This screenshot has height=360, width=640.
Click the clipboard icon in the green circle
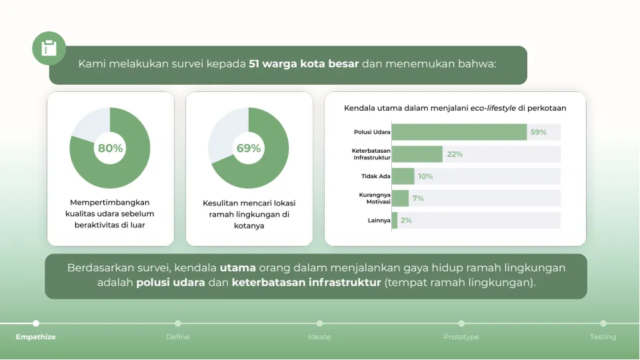tap(49, 49)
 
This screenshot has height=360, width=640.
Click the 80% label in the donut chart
tap(110, 148)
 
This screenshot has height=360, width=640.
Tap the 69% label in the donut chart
tap(249, 148)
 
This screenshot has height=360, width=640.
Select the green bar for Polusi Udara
tap(459, 132)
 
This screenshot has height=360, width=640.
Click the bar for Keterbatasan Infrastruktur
tap(417, 154)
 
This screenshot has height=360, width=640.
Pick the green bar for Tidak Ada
tap(403, 176)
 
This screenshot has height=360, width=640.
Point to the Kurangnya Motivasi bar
tap(400, 198)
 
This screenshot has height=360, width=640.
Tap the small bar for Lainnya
tap(395, 220)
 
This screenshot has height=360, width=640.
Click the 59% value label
tap(538, 132)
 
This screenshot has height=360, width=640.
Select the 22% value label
tap(455, 154)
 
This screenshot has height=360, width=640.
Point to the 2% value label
tap(406, 220)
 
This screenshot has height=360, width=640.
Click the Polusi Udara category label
tap(372, 132)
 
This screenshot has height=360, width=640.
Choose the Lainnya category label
tap(379, 220)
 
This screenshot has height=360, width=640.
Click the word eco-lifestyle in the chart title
tap(493, 107)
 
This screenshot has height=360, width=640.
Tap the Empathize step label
tap(36, 337)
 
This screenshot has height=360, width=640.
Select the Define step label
tap(177, 337)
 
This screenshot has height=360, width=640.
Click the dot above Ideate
tap(319, 323)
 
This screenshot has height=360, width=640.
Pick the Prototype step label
tap(461, 337)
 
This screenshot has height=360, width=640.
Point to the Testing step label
tap(603, 337)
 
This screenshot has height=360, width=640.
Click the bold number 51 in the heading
tap(254, 64)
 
